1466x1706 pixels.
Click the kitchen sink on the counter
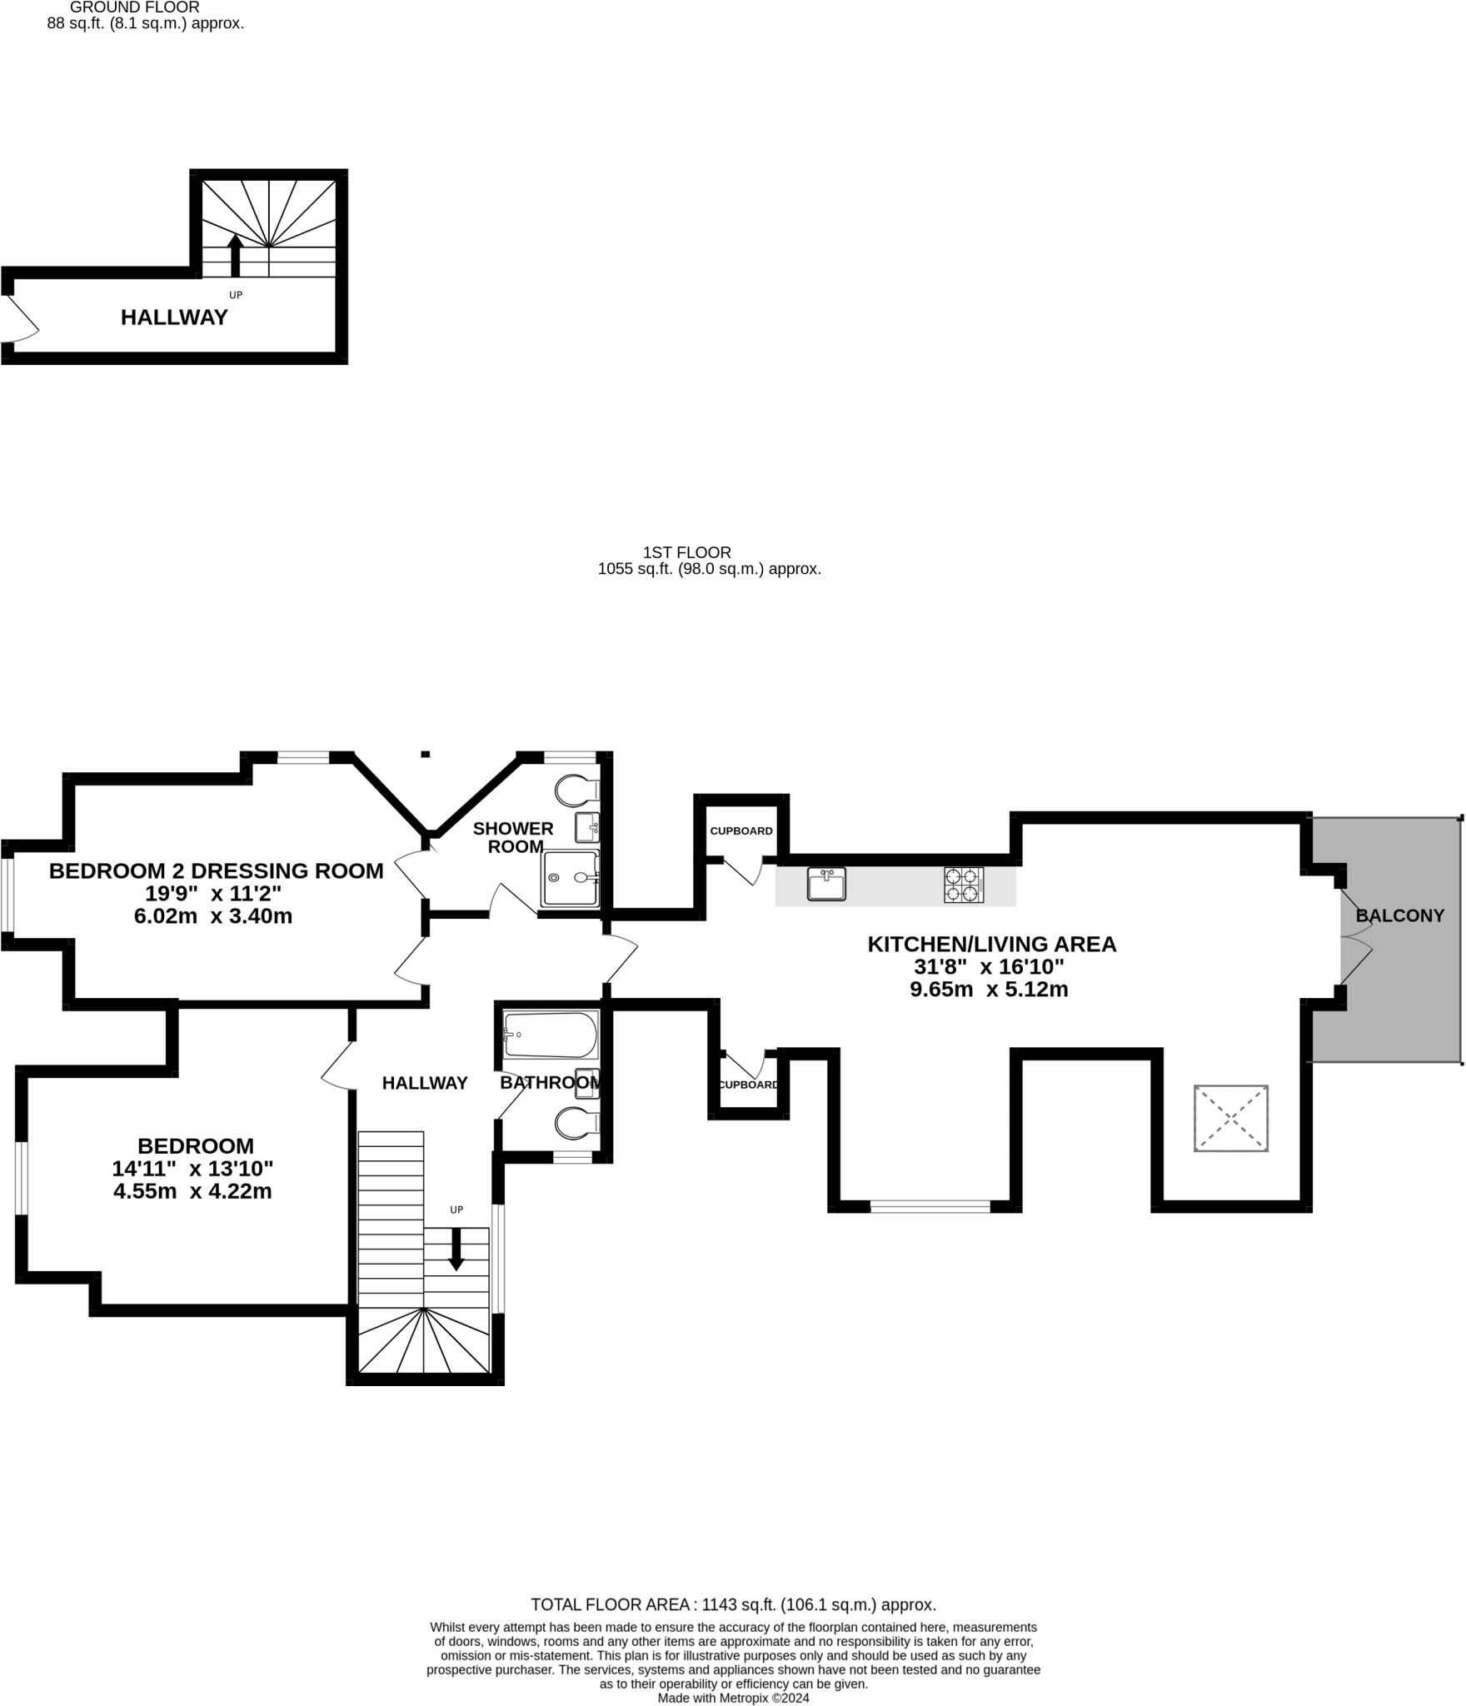point(825,884)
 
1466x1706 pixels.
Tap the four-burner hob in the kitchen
point(963,885)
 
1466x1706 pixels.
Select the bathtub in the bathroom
point(550,1035)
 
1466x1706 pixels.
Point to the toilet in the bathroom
point(577,1123)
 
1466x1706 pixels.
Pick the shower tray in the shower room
point(571,878)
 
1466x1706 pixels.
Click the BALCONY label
point(1399,915)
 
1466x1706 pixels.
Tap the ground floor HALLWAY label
point(174,317)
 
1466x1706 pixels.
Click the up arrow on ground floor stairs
point(235,255)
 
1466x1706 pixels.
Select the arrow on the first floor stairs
point(456,1250)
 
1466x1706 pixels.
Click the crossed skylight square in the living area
point(1230,1119)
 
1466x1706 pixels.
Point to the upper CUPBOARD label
point(741,831)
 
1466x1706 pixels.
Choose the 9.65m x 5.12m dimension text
point(989,990)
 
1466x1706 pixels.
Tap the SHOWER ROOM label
point(513,837)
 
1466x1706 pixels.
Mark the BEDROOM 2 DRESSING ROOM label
point(216,871)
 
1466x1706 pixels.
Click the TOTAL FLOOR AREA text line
point(733,1604)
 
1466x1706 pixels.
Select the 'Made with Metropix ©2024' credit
point(733,1698)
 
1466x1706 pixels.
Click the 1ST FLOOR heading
point(686,552)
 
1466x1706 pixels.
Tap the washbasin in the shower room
point(586,827)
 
